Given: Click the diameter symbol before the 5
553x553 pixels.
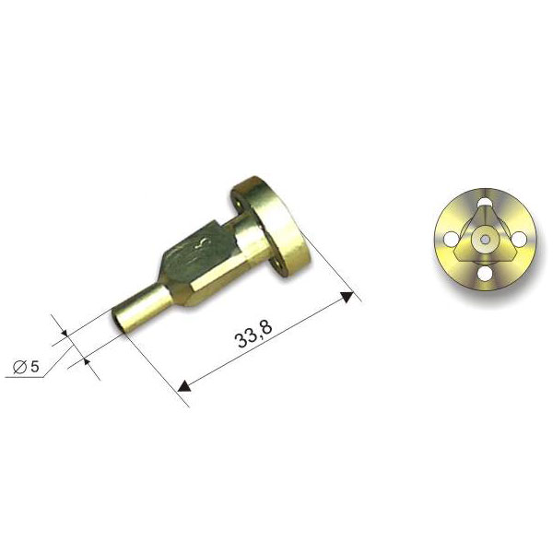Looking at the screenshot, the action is coord(20,367).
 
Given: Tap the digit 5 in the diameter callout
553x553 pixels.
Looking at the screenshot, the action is coord(34,367).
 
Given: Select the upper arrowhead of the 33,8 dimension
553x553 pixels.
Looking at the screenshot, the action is coord(347,297).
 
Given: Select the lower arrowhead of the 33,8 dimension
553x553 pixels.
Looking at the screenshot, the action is coord(184,386).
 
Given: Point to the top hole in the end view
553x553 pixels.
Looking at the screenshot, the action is coord(485,203).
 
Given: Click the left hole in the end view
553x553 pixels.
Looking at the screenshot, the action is coord(450,239).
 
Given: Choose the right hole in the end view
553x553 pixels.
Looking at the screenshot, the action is coord(519,239).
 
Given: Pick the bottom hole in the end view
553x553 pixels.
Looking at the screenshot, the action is coord(485,274).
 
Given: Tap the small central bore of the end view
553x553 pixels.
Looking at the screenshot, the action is coord(485,240).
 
